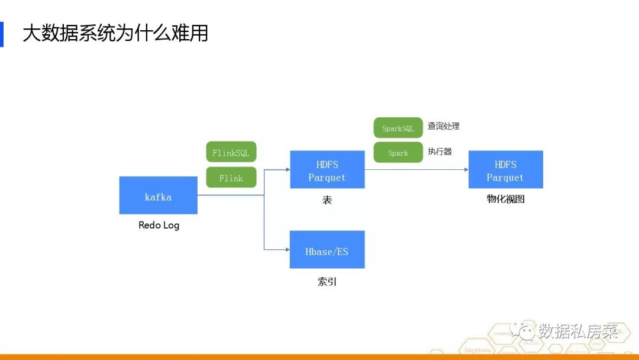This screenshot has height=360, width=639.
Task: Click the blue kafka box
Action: pyautogui.click(x=158, y=195)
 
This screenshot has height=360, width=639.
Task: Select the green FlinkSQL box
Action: pyautogui.click(x=231, y=152)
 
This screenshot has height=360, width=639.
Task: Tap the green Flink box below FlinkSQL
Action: pyautogui.click(x=231, y=178)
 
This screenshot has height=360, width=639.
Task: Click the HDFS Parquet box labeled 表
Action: pyautogui.click(x=327, y=170)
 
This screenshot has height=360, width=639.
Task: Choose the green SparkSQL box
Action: pyautogui.click(x=398, y=128)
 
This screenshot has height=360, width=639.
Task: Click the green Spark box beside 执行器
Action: pyautogui.click(x=398, y=152)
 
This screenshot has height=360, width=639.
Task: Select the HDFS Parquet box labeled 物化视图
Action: pyautogui.click(x=505, y=170)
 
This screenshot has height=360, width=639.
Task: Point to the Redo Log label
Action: pyautogui.click(x=159, y=225)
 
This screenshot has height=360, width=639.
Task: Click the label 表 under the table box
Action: pyautogui.click(x=327, y=200)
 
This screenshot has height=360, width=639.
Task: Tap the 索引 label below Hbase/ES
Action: pyautogui.click(x=327, y=282)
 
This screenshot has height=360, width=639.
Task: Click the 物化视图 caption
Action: pyautogui.click(x=505, y=199)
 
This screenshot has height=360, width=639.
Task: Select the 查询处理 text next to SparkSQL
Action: pyautogui.click(x=443, y=126)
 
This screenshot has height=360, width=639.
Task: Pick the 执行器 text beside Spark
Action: pyautogui.click(x=440, y=152)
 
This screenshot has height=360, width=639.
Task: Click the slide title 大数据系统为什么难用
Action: pyautogui.click(x=115, y=33)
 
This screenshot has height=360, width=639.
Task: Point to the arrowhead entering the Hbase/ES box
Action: pyautogui.click(x=287, y=250)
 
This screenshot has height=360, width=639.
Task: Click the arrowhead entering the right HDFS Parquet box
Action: pyautogui.click(x=466, y=170)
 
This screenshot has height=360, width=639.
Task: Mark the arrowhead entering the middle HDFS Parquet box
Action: pyautogui.click(x=287, y=170)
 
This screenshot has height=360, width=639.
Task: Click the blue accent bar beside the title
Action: pyautogui.click(x=2, y=34)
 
